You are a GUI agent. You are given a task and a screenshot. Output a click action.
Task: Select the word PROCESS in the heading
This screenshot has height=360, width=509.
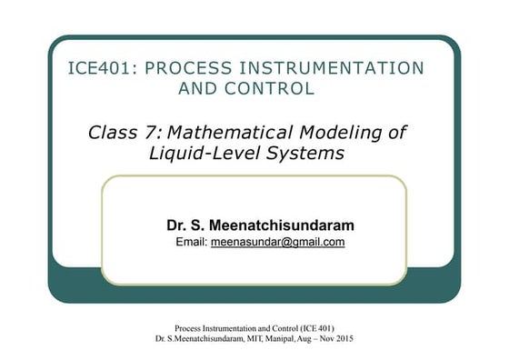pos(189,68)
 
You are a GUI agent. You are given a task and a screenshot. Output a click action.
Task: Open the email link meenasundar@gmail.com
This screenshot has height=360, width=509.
pos(277,243)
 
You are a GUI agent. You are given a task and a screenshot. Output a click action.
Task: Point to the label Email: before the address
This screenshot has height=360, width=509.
pos(190,243)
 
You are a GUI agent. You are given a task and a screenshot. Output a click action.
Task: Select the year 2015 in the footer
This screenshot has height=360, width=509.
pos(341,338)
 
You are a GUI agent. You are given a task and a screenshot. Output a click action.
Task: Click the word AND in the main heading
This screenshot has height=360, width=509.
pos(201,88)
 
